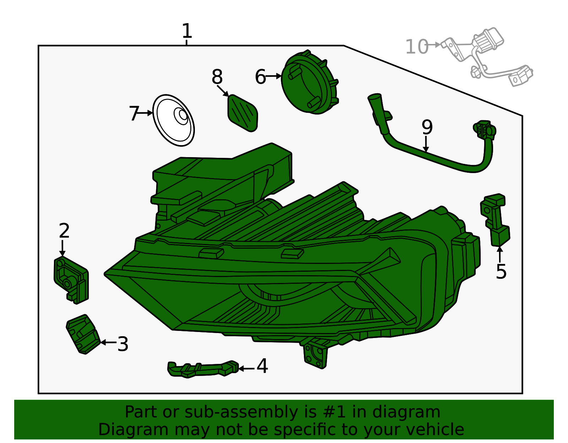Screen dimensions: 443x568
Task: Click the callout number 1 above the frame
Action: (187, 31)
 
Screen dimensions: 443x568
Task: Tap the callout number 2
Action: (64, 231)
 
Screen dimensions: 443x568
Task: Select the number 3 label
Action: (123, 344)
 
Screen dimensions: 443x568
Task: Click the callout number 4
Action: (262, 366)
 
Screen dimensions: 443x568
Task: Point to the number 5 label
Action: (501, 272)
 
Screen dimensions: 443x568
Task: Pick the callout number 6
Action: (260, 77)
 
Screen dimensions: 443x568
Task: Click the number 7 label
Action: (133, 114)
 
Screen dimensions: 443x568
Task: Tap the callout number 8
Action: (217, 77)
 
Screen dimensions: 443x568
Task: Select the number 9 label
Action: (427, 127)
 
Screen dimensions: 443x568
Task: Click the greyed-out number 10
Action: (416, 47)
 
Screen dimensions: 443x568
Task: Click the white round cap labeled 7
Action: (174, 120)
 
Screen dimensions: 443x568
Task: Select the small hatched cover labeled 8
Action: (243, 112)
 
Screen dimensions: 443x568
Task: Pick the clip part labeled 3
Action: (83, 334)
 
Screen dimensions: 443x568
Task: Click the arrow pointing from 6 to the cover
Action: (273, 76)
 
